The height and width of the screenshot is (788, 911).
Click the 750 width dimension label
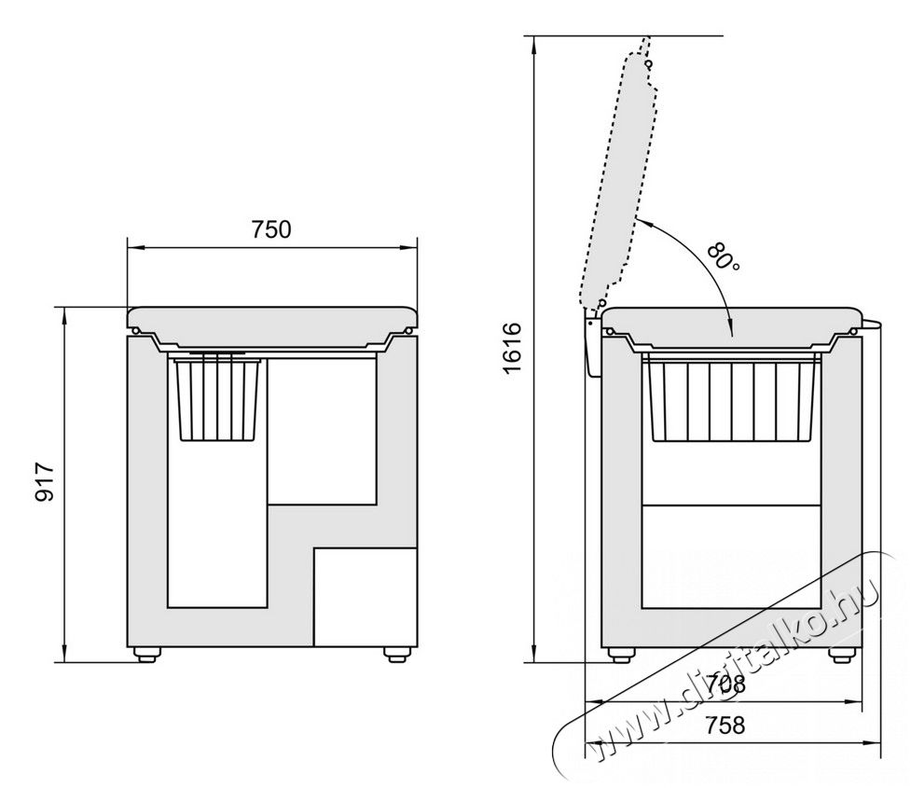(271, 229)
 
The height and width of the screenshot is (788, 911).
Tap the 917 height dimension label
(45, 482)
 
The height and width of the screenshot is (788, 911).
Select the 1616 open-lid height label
(513, 348)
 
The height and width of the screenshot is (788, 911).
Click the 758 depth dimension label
(725, 726)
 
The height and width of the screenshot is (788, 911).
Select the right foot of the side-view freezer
(841, 655)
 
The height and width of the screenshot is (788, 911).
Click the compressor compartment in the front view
(366, 597)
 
